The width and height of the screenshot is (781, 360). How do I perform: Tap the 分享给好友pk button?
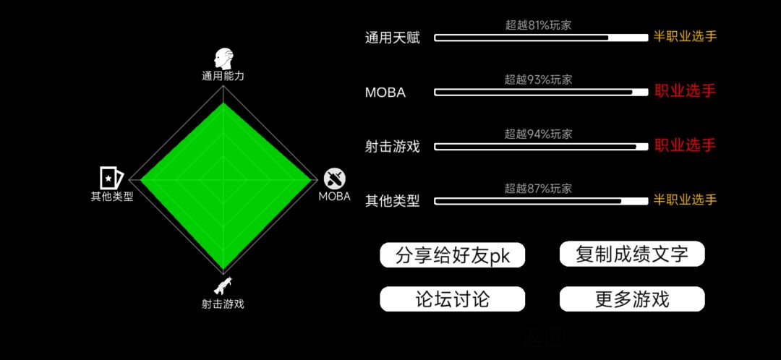[452, 255]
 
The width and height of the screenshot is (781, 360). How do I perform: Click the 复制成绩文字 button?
[632, 254]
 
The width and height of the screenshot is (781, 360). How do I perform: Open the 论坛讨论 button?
[452, 299]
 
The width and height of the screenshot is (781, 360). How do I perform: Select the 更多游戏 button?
[632, 299]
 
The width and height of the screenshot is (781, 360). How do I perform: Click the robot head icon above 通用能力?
[223, 59]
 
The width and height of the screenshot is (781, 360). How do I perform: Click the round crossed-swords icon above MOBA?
[335, 179]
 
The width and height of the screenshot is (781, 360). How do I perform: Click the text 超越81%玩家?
[538, 25]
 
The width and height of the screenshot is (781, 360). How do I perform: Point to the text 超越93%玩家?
[538, 80]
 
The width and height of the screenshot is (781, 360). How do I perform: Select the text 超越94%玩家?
[538, 134]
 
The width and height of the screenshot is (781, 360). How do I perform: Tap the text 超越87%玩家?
[538, 188]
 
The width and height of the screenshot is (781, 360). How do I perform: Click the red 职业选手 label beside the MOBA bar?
[685, 91]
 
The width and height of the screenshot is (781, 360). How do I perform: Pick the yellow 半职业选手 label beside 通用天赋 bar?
[685, 37]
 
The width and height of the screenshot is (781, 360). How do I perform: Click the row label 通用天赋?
[393, 38]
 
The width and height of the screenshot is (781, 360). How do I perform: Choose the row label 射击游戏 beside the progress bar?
[393, 147]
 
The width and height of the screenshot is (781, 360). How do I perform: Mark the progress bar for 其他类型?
[541, 201]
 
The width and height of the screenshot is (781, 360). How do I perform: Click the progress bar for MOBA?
[541, 92]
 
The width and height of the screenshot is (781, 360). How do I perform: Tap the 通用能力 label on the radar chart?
[223, 76]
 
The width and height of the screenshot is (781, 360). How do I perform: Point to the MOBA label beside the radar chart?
[335, 196]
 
